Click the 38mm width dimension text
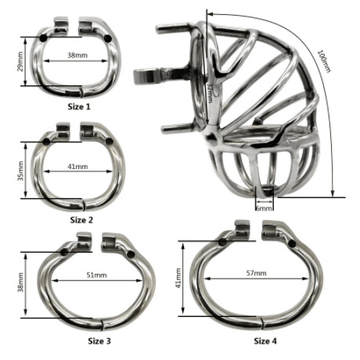pos(77,56)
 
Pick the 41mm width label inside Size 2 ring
pos(78,167)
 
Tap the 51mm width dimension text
pos(97,275)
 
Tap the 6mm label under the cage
pos(264,209)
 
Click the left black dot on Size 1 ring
pos(42,36)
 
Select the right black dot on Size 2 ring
pos(108,142)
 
